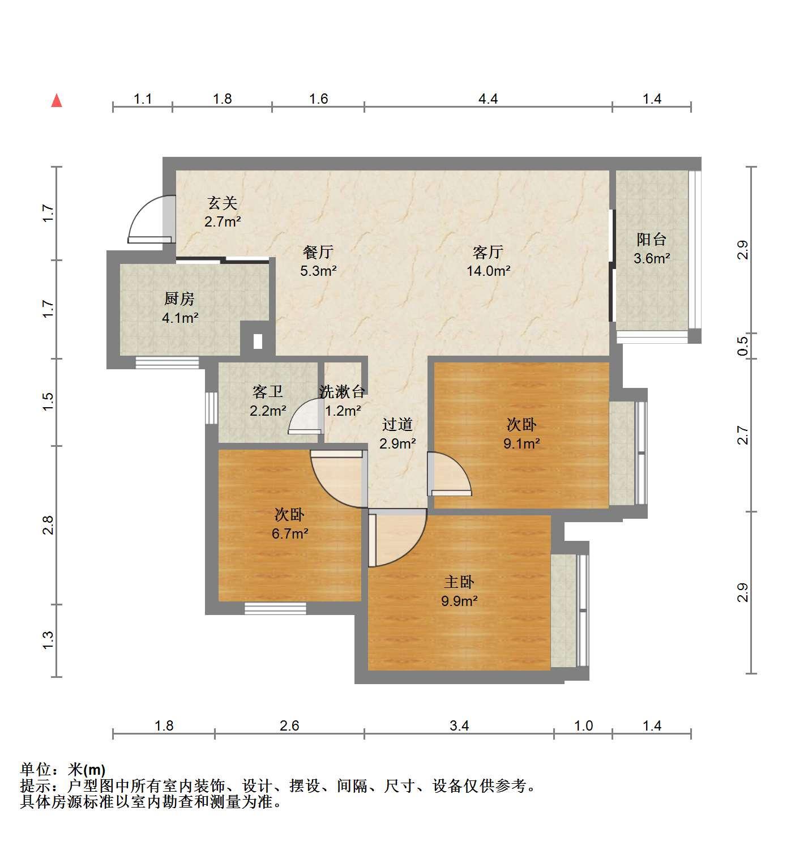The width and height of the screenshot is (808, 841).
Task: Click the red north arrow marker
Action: tap(57, 101)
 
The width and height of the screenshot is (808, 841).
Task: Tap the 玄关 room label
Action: tap(222, 203)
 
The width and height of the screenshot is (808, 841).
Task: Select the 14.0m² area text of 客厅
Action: tap(488, 271)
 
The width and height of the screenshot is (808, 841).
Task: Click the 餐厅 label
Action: tap(318, 252)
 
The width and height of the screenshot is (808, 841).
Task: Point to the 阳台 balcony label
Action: tap(651, 240)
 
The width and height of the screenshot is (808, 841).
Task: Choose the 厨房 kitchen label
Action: tap(179, 298)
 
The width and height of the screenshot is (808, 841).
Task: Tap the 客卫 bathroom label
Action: tap(267, 391)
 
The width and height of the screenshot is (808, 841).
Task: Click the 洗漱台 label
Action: tap(342, 391)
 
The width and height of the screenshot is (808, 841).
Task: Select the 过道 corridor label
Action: tap(397, 424)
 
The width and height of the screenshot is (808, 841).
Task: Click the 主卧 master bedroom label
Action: tap(459, 582)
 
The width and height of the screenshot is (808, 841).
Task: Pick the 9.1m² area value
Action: tap(521, 443)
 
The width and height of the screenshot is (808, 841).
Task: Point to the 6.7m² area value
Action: tap(290, 533)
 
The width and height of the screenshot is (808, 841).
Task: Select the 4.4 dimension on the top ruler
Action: tap(488, 99)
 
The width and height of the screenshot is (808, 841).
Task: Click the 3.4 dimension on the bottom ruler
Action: tap(459, 725)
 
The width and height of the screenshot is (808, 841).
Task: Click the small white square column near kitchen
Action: tap(258, 341)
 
